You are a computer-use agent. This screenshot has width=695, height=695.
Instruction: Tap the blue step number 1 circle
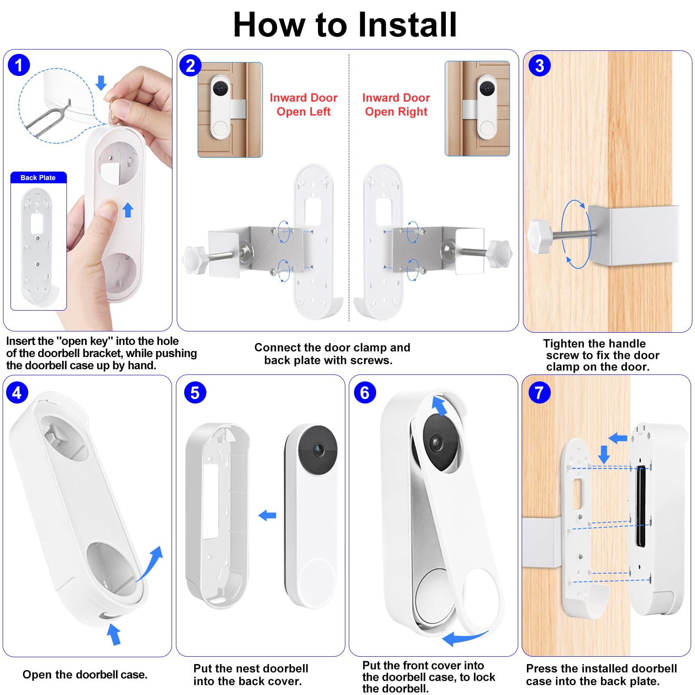[19, 66]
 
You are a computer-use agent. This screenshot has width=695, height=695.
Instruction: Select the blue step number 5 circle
[195, 393]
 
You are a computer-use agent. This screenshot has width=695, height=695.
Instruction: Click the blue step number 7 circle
[539, 393]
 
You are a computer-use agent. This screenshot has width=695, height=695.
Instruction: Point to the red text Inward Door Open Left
[304, 105]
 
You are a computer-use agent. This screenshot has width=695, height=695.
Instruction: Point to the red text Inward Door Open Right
[396, 105]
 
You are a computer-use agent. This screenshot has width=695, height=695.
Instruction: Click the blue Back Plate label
[38, 178]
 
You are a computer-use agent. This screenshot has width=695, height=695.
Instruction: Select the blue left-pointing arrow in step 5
[267, 516]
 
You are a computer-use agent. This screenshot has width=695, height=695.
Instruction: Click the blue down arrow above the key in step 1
[101, 83]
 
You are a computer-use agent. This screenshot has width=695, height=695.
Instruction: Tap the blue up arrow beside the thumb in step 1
[128, 210]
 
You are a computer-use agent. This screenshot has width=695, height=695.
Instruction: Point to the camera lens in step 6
[436, 443]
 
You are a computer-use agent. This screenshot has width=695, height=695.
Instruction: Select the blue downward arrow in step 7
[604, 454]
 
